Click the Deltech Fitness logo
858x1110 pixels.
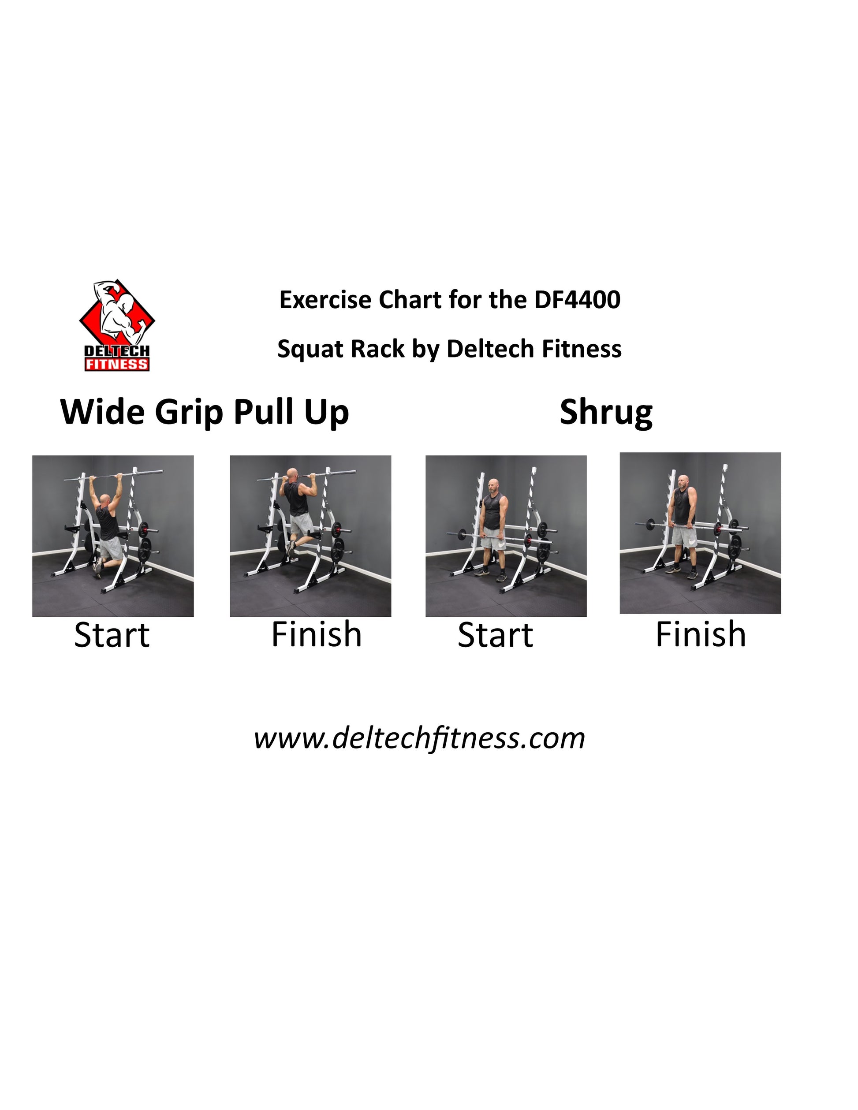tap(117, 325)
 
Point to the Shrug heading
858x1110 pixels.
tap(606, 413)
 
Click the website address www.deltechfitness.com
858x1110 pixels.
tap(419, 738)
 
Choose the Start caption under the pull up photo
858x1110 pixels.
tap(112, 635)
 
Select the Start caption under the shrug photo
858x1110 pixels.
tap(495, 635)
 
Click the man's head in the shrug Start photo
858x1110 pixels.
tap(493, 485)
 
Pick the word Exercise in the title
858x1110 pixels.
tap(325, 300)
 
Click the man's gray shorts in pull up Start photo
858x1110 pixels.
tap(111, 548)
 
